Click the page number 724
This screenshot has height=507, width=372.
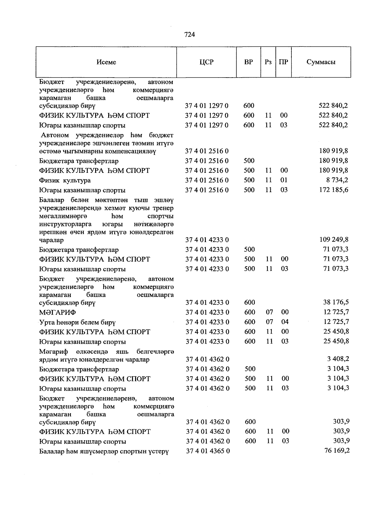[x=189, y=35]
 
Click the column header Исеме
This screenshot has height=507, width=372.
[x=106, y=62]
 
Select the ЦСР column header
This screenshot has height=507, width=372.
[x=206, y=62]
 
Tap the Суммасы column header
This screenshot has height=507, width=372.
[x=321, y=62]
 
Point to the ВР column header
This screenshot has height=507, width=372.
[x=248, y=62]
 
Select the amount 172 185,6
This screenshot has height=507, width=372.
[x=334, y=190]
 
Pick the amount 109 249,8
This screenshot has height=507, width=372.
[x=334, y=240]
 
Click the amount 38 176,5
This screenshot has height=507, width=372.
[x=336, y=302]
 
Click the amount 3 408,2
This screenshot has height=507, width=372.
[x=338, y=359]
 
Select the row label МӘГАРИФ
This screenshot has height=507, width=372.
[x=58, y=312]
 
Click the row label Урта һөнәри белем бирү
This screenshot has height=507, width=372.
[x=77, y=322]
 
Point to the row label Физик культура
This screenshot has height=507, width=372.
[x=65, y=181]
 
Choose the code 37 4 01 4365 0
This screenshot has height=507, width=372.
[x=208, y=451]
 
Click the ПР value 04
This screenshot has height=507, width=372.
[x=285, y=322]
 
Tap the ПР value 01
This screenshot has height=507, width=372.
[x=284, y=180]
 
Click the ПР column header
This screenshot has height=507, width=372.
[x=283, y=62]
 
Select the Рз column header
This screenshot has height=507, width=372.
[x=268, y=62]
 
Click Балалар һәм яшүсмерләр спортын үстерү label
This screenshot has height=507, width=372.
[x=104, y=451]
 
